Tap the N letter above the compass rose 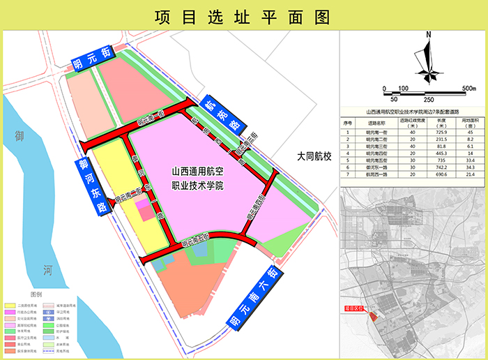(429, 33)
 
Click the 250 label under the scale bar (429, 100)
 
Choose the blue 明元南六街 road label (255, 297)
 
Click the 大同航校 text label (314, 156)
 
